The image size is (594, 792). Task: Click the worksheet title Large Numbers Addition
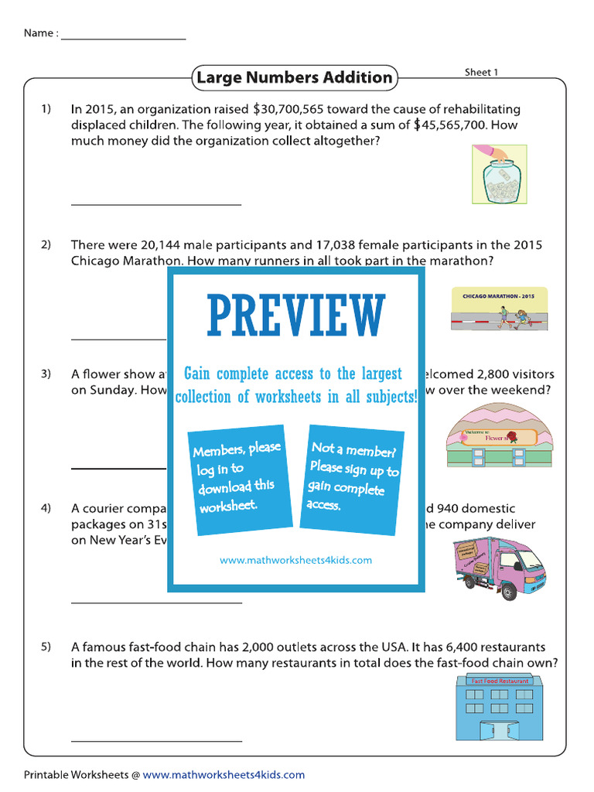click(x=294, y=77)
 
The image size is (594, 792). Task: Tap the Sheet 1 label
click(x=481, y=72)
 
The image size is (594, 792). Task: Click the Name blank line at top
click(x=124, y=37)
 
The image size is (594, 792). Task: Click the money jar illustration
click(x=499, y=174)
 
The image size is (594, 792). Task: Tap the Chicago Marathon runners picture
click(x=499, y=308)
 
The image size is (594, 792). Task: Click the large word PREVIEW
click(x=295, y=316)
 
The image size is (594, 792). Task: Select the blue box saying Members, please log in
click(x=236, y=479)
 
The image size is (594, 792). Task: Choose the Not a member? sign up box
click(x=353, y=476)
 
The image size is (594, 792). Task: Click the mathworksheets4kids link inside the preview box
click(x=295, y=560)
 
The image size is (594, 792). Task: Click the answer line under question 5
click(x=156, y=740)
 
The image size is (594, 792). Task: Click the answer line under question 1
click(x=156, y=204)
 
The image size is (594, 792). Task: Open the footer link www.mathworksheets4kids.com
click(x=224, y=775)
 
